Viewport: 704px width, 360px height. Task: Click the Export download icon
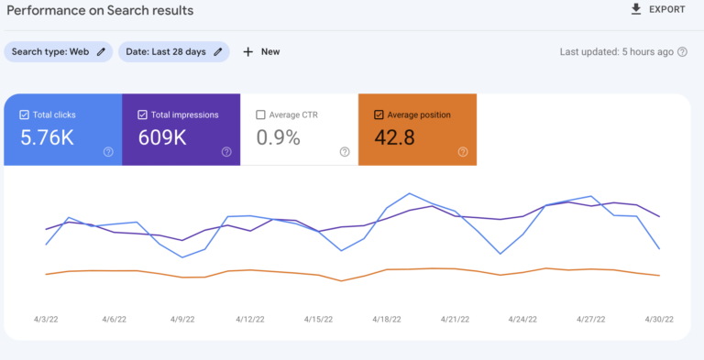click(635, 9)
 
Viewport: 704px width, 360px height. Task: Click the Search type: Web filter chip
click(59, 52)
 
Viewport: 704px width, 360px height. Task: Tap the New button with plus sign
click(261, 52)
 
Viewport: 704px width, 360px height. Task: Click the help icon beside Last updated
click(682, 52)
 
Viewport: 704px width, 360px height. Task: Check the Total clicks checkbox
click(24, 115)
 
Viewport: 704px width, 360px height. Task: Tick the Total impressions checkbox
click(142, 115)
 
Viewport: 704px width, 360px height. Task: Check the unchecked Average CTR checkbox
click(260, 115)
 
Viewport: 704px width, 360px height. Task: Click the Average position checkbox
click(379, 115)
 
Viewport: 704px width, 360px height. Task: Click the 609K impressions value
click(162, 137)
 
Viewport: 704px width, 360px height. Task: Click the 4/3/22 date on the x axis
click(46, 320)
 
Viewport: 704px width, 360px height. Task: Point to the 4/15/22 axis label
click(318, 320)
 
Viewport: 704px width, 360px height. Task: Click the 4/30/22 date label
click(658, 320)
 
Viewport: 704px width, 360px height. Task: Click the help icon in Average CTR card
click(344, 152)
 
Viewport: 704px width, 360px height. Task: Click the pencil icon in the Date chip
click(218, 52)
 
